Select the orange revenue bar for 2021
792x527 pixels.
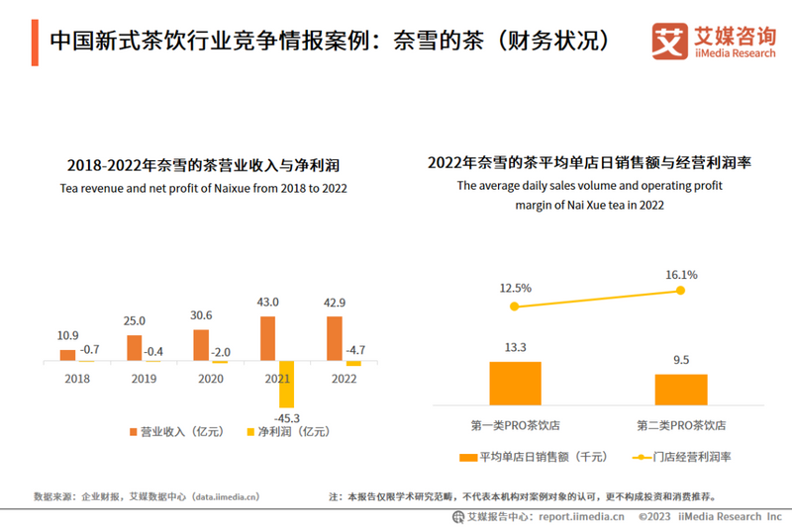tap(267, 338)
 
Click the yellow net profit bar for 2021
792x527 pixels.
tap(287, 385)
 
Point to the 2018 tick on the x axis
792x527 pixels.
tap(76, 378)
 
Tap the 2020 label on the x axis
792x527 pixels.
tap(210, 378)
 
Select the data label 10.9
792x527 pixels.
tap(68, 336)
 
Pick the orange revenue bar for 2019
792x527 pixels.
tap(134, 348)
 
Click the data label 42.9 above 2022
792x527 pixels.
tap(335, 302)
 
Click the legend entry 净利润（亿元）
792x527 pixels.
tap(286, 432)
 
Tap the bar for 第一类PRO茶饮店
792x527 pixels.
tap(515, 383)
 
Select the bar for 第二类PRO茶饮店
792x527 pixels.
tap(681, 390)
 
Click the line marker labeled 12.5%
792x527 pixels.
tap(514, 307)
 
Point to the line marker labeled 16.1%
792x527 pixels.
tap(681, 290)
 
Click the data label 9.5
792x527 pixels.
tap(681, 360)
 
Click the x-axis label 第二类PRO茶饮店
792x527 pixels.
tap(681, 425)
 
